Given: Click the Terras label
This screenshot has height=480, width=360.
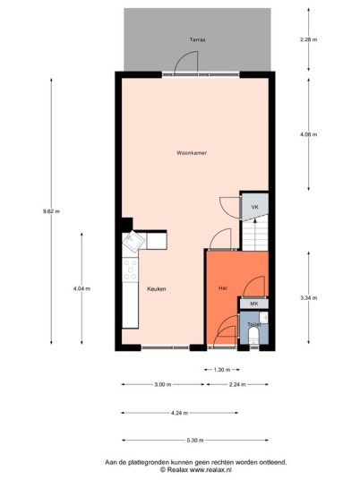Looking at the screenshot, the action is click(197, 39).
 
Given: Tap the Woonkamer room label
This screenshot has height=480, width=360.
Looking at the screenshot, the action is click(192, 153).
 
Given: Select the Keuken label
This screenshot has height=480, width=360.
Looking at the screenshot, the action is click(157, 288).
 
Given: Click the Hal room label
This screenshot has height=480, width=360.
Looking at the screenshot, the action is click(223, 287).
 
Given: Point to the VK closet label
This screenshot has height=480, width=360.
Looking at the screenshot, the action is click(254, 207).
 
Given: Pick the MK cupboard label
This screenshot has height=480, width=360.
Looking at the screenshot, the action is click(254, 304).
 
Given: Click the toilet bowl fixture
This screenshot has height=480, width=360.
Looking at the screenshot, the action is click(253, 336).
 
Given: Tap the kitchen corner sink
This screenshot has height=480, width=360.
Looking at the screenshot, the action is click(133, 241).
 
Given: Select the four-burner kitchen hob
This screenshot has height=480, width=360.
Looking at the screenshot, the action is click(130, 270).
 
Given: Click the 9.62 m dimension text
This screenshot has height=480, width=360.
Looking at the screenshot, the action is click(51, 211).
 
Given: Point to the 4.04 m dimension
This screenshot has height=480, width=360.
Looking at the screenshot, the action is click(81, 288).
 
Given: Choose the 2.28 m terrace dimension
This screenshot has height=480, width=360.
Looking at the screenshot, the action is click(309, 39).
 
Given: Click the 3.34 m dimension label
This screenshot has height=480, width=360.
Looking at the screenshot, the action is click(309, 297).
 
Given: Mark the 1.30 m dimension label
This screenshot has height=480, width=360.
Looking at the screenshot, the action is click(221, 370).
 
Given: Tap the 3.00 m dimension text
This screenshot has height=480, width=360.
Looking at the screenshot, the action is click(163, 384).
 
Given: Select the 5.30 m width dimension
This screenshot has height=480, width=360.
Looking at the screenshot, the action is click(195, 441).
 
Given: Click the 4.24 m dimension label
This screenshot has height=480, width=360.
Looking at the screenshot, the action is click(179, 413).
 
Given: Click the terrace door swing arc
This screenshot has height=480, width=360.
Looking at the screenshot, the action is click(183, 57).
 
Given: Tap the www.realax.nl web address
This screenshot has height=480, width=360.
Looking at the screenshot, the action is click(211, 469).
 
